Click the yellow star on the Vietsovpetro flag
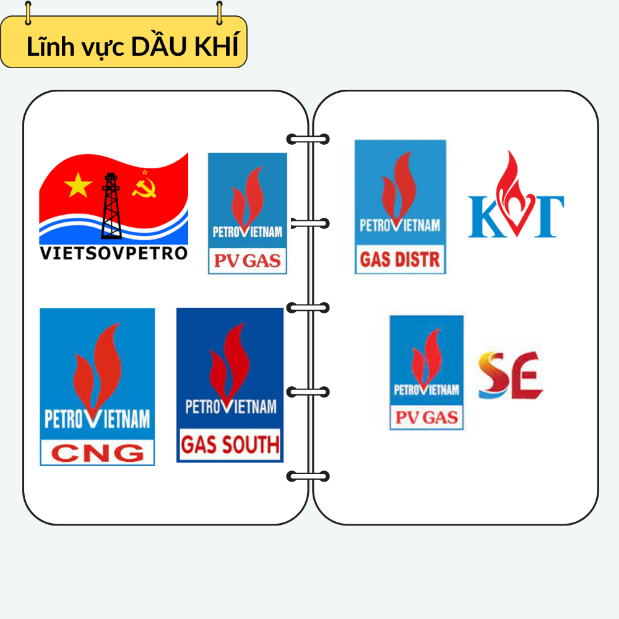pos(78,185)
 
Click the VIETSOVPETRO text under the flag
pos(113,253)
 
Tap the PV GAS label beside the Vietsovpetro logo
pos(247,261)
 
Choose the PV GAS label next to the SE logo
pos(426,418)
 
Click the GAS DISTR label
pos(400,259)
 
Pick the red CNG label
pos(97,452)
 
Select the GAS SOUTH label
pos(230,445)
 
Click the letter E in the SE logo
pos(528,375)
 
